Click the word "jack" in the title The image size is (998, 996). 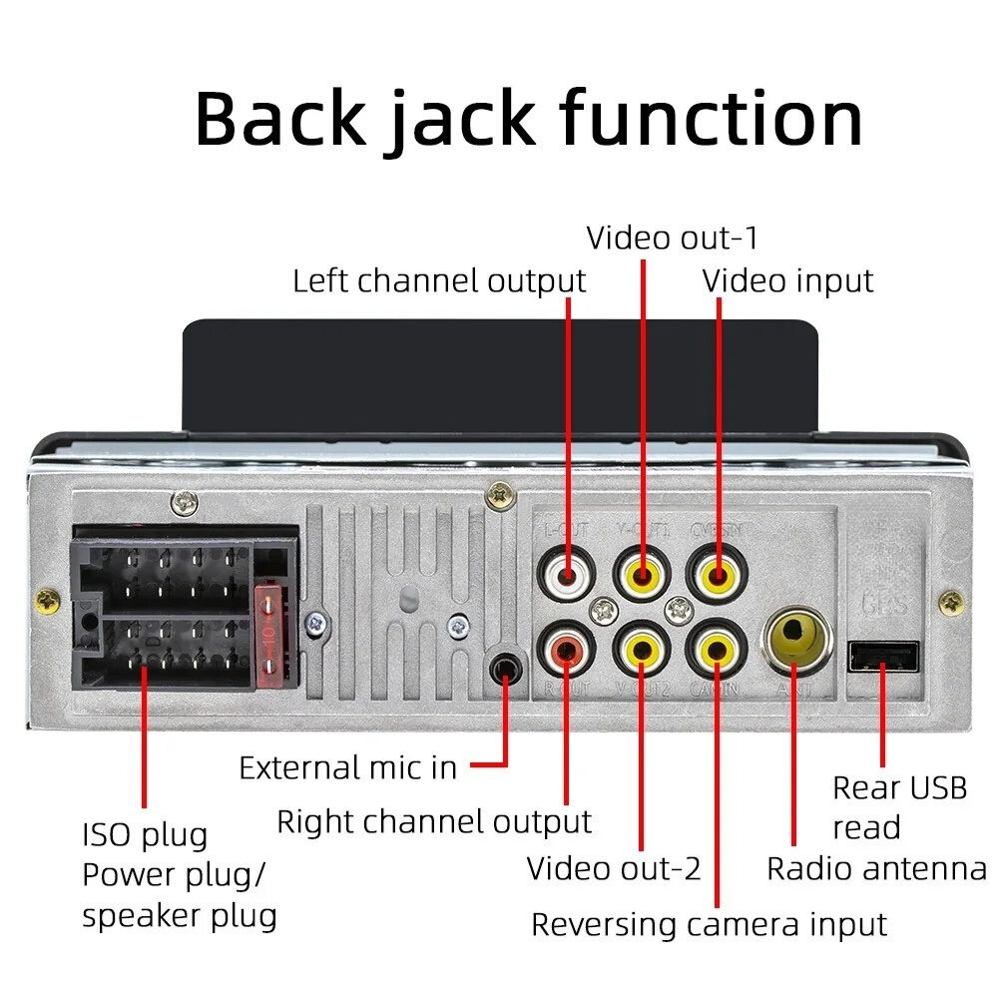460,119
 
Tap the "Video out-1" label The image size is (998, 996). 672,239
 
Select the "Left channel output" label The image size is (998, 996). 438,281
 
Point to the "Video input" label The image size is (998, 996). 787,281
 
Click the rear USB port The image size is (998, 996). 883,657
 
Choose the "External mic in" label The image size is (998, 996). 347,767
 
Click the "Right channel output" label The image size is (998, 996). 434,822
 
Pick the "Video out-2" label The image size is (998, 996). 614,868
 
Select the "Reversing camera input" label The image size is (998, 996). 709,924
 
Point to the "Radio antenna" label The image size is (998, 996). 875,868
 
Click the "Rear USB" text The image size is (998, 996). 899,788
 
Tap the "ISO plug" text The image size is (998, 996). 144,834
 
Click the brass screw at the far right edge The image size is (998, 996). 952,602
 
